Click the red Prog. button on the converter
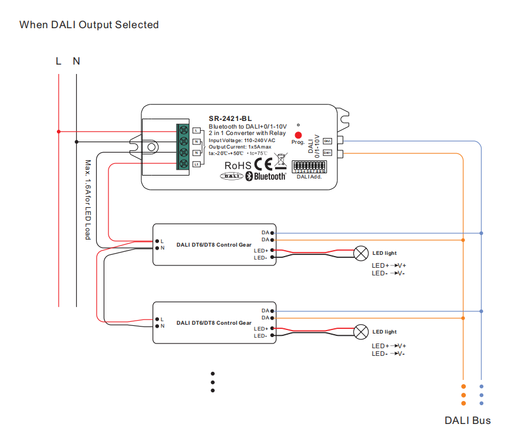(298, 134)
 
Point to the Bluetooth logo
(265, 176)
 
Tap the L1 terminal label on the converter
(197, 164)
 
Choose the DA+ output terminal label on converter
(327, 153)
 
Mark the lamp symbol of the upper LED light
(359, 253)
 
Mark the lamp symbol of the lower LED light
(359, 332)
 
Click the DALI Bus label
(467, 420)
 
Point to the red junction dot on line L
(59, 132)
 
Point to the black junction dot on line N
(76, 142)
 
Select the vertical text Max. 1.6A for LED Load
(87, 200)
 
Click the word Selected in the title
(137, 25)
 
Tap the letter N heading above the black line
(76, 61)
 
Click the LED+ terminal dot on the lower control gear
(273, 329)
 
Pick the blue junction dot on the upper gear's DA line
(482, 233)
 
